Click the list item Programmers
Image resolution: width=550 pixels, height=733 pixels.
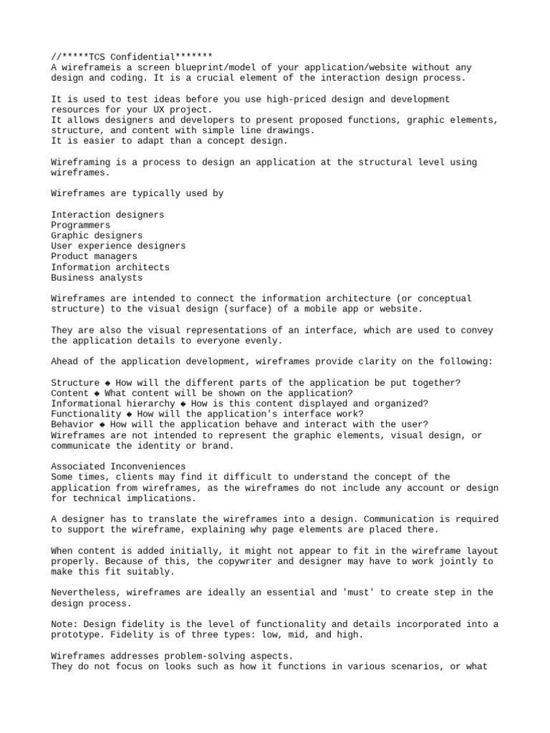pos(81,225)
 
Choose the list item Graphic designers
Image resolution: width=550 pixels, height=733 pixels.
pos(97,236)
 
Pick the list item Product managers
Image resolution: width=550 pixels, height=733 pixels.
pos(94,256)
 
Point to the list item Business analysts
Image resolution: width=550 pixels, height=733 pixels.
pos(97,278)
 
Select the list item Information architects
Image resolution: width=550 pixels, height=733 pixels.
pos(110,267)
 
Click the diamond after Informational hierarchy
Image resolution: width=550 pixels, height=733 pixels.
pos(183,404)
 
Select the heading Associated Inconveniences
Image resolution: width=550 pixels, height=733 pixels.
pos(118,467)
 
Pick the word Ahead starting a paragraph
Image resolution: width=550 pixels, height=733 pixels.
pos(64,361)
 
